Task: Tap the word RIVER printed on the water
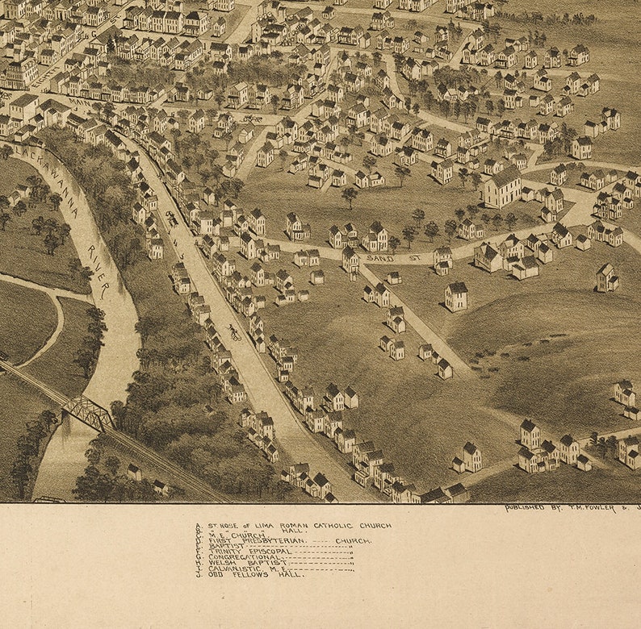point(101,279)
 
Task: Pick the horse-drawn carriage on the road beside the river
point(172,219)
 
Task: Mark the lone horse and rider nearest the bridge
point(233,331)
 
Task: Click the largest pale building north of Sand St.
point(502,187)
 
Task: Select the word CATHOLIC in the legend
point(337,526)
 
